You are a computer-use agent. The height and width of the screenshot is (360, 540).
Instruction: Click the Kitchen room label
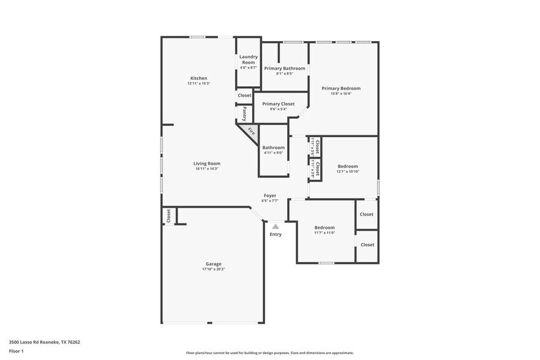coord(198,78)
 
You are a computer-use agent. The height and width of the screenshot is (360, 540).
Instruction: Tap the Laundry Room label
coord(248,59)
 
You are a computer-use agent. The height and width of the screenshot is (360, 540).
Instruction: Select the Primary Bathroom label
coord(284,68)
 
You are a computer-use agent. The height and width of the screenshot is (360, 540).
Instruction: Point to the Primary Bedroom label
coord(341,88)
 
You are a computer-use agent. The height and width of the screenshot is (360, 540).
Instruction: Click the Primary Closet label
coord(279,104)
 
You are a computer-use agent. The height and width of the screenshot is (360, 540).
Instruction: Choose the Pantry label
coord(244,113)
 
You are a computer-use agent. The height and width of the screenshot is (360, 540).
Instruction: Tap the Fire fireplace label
coord(251,130)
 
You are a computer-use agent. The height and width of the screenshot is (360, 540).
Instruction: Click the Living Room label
coord(207,163)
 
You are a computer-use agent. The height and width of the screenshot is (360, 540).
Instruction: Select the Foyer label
coord(270,195)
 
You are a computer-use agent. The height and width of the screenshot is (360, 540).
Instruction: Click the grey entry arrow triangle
coord(276,227)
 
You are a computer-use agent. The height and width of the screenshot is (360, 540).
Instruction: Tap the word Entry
coord(276,234)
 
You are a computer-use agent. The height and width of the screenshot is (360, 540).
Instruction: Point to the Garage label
coord(213,264)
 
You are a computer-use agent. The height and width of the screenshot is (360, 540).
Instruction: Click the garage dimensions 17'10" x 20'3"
coord(213,269)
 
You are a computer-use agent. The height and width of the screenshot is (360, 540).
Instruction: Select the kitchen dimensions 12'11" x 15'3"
coord(198,83)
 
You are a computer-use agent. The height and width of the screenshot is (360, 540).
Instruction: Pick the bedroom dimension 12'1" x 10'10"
coord(348,171)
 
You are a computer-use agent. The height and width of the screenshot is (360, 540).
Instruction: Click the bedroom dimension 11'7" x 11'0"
coord(324,233)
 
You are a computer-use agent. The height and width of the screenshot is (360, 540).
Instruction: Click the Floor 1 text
coord(17,351)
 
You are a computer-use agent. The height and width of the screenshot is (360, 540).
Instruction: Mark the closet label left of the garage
coord(168,216)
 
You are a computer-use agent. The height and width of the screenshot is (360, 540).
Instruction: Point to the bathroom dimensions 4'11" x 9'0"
coord(273,152)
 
